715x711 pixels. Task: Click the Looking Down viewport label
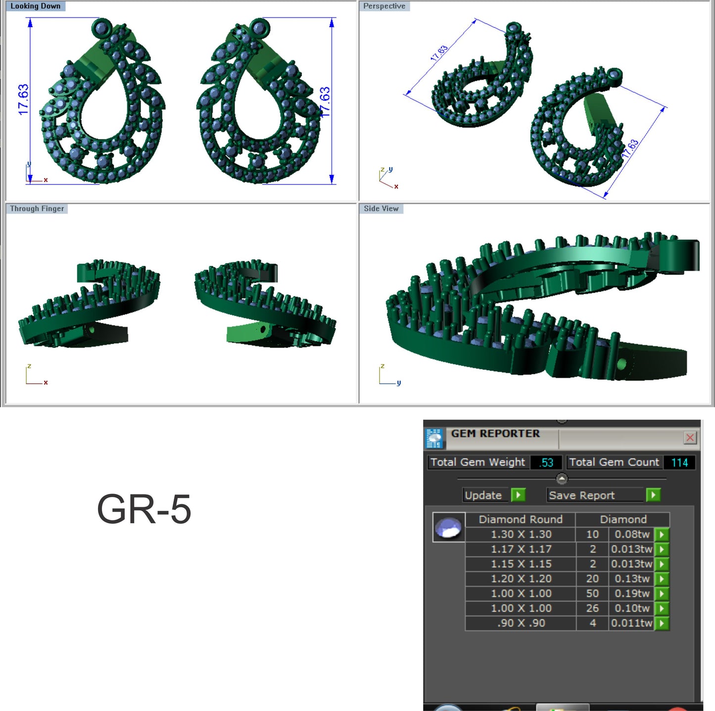[x=35, y=6]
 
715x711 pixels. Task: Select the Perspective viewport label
[x=384, y=6]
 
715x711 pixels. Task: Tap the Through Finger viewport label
[x=37, y=209]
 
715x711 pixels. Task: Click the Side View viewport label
[x=381, y=209]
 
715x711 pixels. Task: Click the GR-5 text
[x=144, y=509]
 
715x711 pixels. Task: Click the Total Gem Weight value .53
[x=546, y=462]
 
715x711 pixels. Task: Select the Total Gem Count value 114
[x=679, y=462]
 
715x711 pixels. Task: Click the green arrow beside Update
[x=518, y=495]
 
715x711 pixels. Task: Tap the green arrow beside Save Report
[x=653, y=495]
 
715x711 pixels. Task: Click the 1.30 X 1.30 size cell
[x=521, y=534]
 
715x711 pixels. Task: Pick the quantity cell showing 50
[x=592, y=593]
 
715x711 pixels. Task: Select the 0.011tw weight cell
[x=631, y=623]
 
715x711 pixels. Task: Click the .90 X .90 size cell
[x=521, y=623]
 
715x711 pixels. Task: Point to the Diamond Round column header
[x=521, y=520]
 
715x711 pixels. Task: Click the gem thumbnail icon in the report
[x=449, y=528]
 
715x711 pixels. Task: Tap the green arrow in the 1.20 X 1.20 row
[x=662, y=578]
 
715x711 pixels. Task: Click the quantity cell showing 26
[x=592, y=608]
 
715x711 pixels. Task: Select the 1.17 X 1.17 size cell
[x=521, y=549]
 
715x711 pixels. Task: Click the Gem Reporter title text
[x=495, y=434]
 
